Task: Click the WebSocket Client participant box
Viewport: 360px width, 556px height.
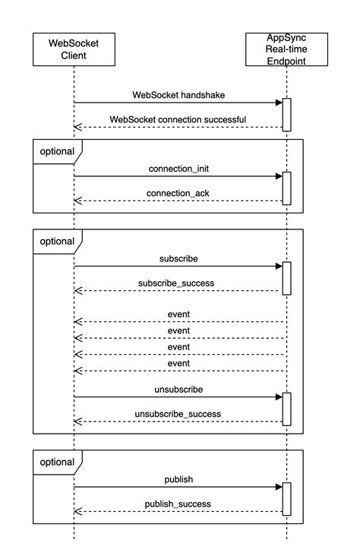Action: [74, 50]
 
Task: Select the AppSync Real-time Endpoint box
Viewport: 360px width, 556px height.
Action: [286, 50]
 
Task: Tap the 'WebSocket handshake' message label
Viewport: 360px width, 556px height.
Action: [178, 95]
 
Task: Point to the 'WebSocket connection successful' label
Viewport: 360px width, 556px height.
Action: [178, 119]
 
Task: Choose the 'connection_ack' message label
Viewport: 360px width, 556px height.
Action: [178, 193]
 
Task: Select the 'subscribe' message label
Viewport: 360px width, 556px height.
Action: [178, 258]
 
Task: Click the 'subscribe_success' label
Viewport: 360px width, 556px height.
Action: [178, 283]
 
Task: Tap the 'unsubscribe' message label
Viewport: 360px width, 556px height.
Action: [178, 388]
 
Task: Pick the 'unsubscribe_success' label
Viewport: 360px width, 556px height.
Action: [178, 413]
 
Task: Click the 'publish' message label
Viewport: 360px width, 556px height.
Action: [178, 479]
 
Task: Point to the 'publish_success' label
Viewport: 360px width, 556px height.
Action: [178, 504]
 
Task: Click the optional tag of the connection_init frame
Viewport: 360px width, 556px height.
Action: [56, 151]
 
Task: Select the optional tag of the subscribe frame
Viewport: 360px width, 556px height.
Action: [56, 242]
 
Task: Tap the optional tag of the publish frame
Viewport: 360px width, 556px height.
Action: [56, 462]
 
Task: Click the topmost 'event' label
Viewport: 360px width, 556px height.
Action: [178, 314]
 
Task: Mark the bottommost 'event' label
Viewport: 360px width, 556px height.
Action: [178, 363]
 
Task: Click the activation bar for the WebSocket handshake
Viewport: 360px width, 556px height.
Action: [286, 115]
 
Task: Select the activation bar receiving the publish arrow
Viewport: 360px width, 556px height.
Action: [286, 498]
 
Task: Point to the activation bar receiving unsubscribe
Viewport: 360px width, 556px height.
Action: [286, 409]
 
